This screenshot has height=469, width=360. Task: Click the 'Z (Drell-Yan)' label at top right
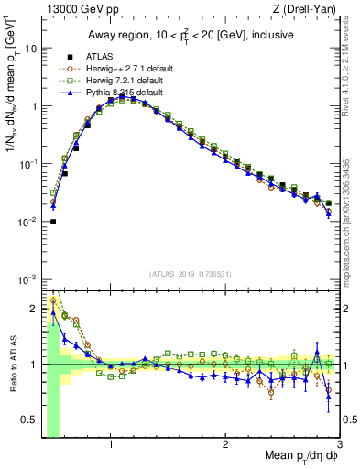pos(307,9)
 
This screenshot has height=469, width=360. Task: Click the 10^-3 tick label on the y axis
pos(27,279)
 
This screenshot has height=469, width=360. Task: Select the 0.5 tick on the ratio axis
pos(28,421)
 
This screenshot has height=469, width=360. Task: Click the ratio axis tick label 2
pos(33,308)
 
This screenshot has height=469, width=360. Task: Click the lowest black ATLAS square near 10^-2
pos(53,222)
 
